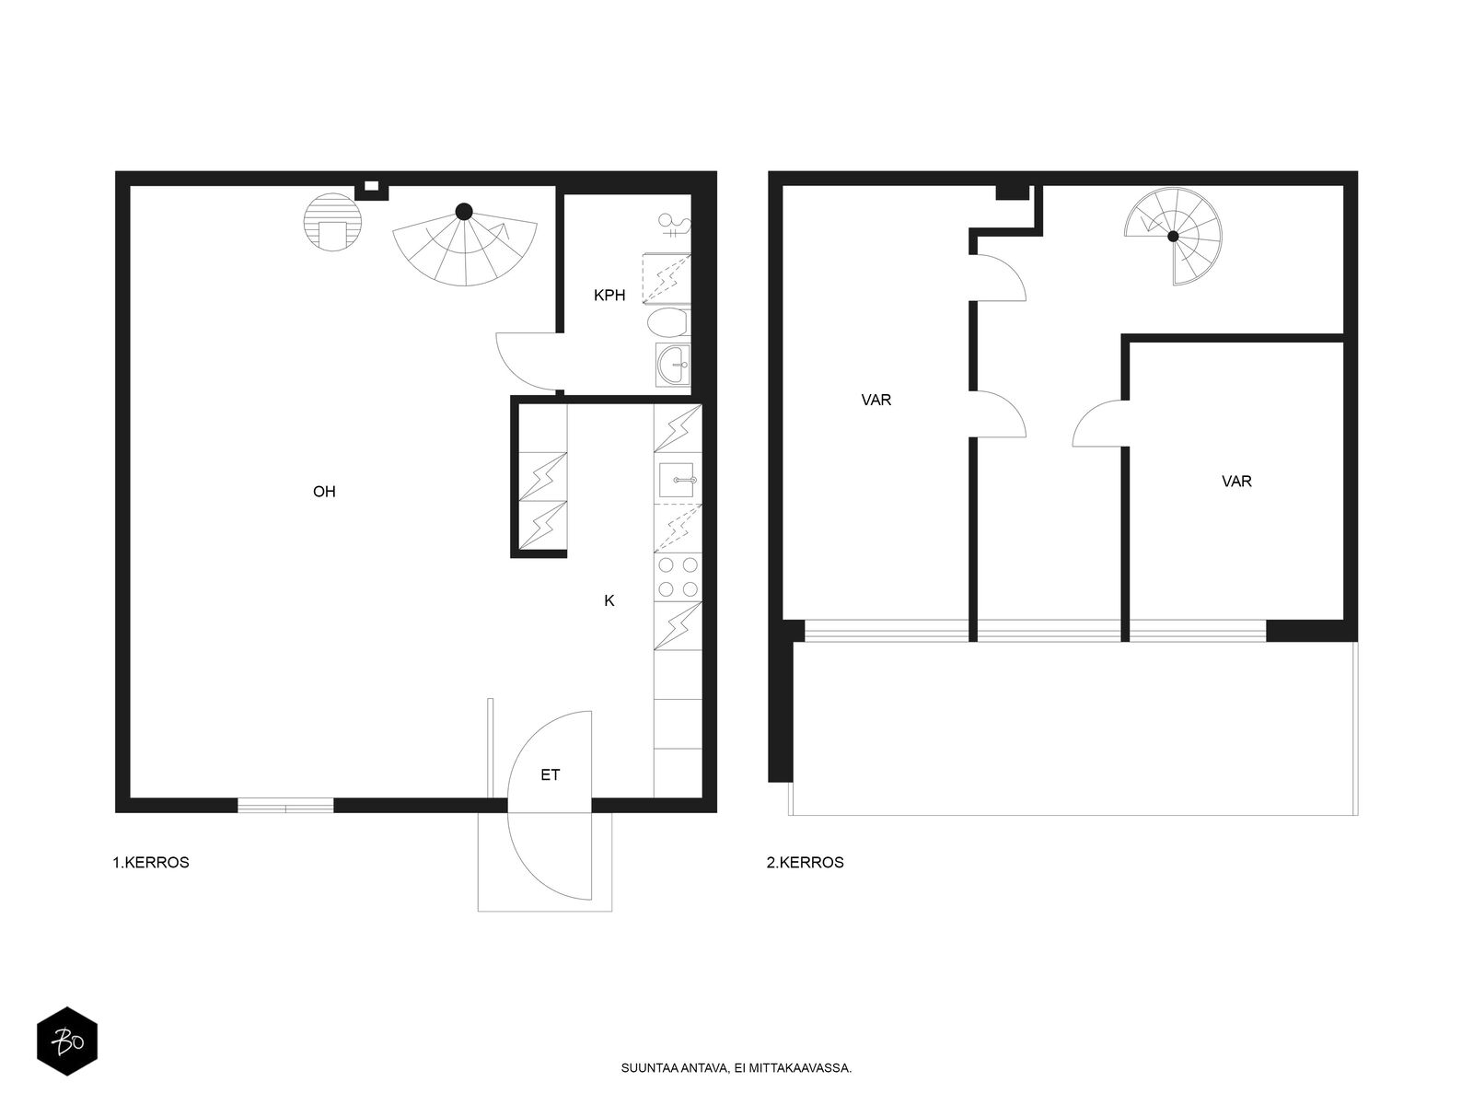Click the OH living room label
point(324,492)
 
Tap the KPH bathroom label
point(609,296)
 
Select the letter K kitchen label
point(609,600)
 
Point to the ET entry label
point(551,775)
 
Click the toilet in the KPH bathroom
point(667,322)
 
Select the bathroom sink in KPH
point(672,365)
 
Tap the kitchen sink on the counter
point(678,481)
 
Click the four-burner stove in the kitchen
point(678,577)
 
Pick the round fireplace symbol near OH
point(332,222)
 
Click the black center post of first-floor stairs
point(464,212)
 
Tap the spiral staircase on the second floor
point(1173,236)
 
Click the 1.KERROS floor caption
point(151,862)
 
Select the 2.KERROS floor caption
point(806,862)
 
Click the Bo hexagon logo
point(67,1041)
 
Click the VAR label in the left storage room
point(876,400)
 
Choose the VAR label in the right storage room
point(1236,481)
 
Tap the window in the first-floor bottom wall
point(286,805)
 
